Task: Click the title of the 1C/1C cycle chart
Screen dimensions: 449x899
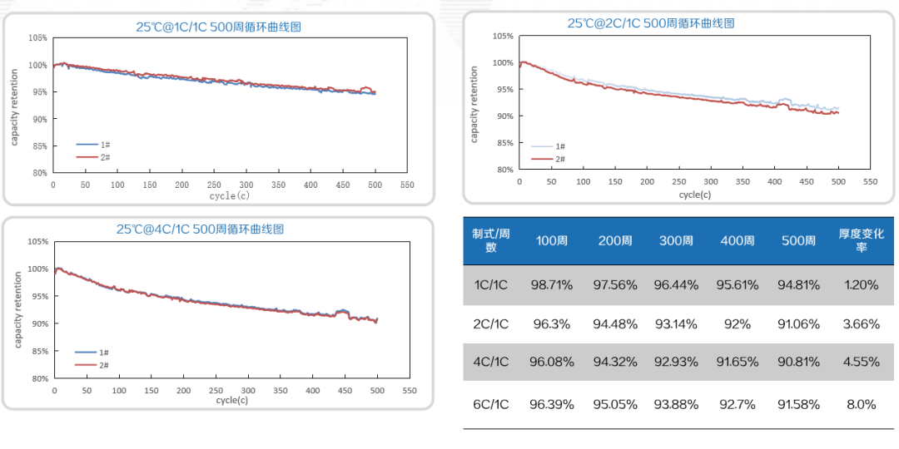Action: tap(219, 27)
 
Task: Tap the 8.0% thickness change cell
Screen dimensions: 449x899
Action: tap(861, 404)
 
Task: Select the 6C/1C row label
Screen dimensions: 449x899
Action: tap(490, 404)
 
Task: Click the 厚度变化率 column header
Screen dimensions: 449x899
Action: tap(861, 241)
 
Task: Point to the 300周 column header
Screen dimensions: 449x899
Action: tap(676, 241)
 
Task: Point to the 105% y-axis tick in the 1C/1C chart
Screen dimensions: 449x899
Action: tap(37, 38)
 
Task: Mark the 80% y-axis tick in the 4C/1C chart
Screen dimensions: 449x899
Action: tap(38, 378)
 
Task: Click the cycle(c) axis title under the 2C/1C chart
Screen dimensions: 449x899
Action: tap(695, 194)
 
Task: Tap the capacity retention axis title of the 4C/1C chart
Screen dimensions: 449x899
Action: tap(17, 309)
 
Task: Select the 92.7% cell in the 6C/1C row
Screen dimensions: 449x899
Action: tap(737, 404)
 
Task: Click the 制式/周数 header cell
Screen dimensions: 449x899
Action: tap(490, 241)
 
